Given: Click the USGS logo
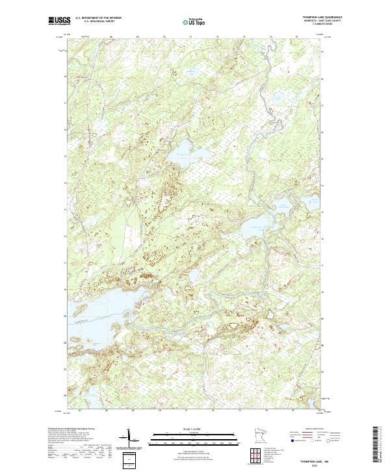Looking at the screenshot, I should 58,21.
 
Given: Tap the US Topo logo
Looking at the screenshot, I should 194,21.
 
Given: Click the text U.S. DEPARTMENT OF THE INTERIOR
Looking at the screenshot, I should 98,18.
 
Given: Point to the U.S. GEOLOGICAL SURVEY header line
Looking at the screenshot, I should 94,21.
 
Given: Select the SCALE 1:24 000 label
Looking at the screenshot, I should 194,429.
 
